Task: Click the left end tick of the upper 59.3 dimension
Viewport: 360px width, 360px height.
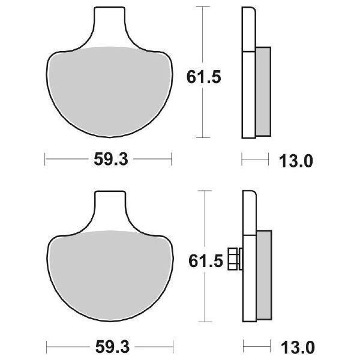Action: point(46,160)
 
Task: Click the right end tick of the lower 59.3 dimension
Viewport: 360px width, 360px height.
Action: point(172,346)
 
